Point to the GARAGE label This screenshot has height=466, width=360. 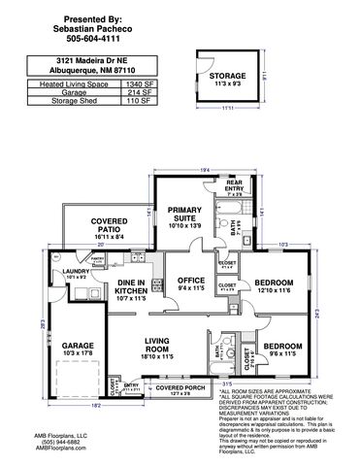click(78, 345)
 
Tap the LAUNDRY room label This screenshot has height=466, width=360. click(76, 273)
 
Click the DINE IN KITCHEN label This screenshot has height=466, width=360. click(130, 286)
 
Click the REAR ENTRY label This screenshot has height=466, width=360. click(233, 184)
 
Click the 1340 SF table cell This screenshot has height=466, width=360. click(139, 84)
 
